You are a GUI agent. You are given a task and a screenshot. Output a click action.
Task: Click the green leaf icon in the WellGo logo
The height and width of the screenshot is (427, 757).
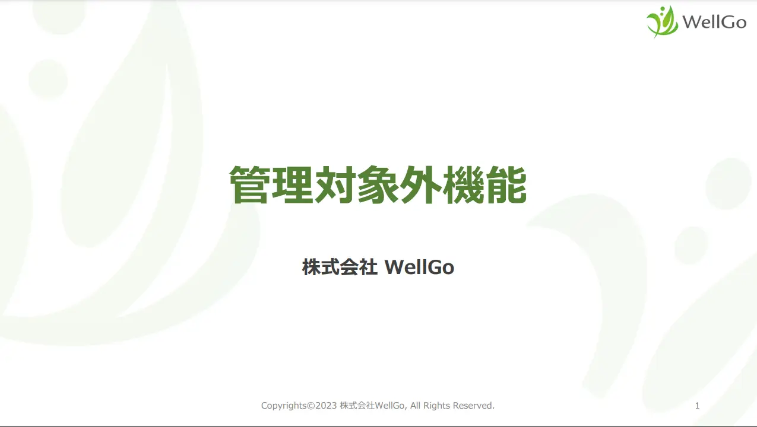click(x=662, y=22)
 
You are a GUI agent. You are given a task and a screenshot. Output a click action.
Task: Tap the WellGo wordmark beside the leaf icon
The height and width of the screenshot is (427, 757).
click(x=714, y=23)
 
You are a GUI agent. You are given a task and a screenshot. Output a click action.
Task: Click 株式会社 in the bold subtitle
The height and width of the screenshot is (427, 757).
click(x=340, y=267)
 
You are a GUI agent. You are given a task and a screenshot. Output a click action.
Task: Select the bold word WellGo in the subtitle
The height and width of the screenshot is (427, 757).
click(x=419, y=267)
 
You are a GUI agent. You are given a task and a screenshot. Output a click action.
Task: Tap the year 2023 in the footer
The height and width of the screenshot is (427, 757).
click(x=326, y=406)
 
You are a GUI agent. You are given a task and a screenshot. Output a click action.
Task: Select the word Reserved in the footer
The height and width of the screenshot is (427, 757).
click(x=474, y=406)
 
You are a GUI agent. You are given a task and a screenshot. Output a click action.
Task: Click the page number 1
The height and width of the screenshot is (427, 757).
click(x=697, y=406)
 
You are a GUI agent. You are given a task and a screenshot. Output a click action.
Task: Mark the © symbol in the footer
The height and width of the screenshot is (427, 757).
click(x=311, y=406)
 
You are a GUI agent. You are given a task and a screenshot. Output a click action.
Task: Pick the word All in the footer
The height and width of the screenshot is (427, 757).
click(x=416, y=406)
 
